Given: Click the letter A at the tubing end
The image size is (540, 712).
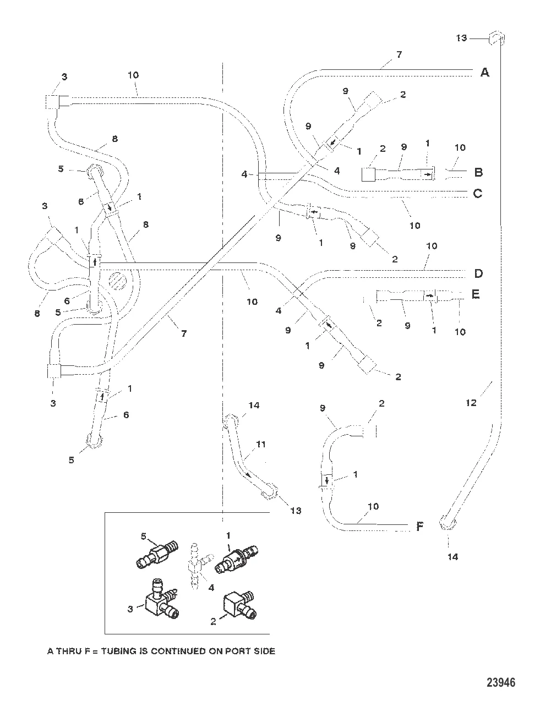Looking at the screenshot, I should click(484, 72).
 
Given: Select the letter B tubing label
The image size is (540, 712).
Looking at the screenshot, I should click(478, 172).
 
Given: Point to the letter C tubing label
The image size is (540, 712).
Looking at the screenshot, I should click(478, 193).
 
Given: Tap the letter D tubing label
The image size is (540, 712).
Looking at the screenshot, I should click(478, 273).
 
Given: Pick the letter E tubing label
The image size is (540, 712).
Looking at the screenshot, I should click(476, 294).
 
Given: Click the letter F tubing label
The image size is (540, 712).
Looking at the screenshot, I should click(419, 527).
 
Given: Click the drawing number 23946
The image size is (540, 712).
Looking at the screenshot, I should click(501, 683).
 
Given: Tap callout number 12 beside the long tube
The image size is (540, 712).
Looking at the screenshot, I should click(471, 402).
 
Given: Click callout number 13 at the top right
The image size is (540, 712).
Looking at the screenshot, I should click(461, 38).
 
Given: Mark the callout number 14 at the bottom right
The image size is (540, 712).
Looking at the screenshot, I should click(452, 556).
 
